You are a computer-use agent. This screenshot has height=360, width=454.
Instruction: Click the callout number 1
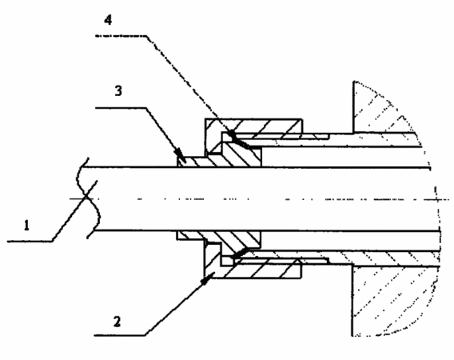(26, 226)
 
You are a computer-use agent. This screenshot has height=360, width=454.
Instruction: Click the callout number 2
(117, 322)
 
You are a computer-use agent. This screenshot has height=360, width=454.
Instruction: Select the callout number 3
(118, 91)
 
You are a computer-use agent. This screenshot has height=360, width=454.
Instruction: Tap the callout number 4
(108, 20)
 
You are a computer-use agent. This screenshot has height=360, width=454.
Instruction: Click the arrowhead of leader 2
(208, 278)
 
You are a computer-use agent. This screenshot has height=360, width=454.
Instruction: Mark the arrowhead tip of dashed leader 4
(230, 133)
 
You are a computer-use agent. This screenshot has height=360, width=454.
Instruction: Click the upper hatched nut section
(253, 127)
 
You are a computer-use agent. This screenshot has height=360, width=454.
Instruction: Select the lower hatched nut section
(253, 269)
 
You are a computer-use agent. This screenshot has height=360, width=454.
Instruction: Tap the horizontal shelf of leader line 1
(30, 241)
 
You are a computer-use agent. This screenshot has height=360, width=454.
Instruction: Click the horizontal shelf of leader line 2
(120, 335)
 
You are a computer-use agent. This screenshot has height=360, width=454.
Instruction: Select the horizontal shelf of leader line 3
(121, 108)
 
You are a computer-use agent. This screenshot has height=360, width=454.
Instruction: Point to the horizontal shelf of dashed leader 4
(121, 36)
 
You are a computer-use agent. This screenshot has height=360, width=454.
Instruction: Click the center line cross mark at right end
(437, 199)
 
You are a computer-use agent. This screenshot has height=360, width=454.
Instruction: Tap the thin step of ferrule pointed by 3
(193, 162)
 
